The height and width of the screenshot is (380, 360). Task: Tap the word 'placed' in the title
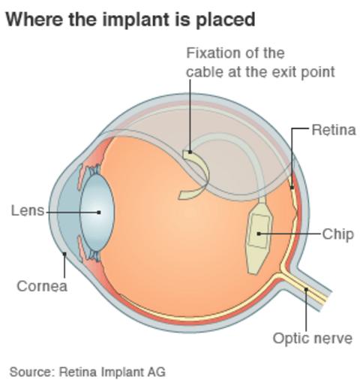[228, 19]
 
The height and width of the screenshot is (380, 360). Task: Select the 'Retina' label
[333, 130]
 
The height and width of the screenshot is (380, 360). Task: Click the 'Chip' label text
[337, 234]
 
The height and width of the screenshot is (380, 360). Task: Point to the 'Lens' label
[28, 211]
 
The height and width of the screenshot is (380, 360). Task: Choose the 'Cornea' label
[42, 286]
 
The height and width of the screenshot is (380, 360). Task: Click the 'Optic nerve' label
[312, 338]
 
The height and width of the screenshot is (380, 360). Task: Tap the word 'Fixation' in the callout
[212, 53]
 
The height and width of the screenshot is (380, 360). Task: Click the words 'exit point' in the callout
[306, 72]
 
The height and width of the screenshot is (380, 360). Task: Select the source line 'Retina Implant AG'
[112, 371]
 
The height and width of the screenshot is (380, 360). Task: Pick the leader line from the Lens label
[71, 212]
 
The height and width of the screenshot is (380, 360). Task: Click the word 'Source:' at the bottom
[31, 371]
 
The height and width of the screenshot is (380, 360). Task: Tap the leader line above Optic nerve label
[305, 312]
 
